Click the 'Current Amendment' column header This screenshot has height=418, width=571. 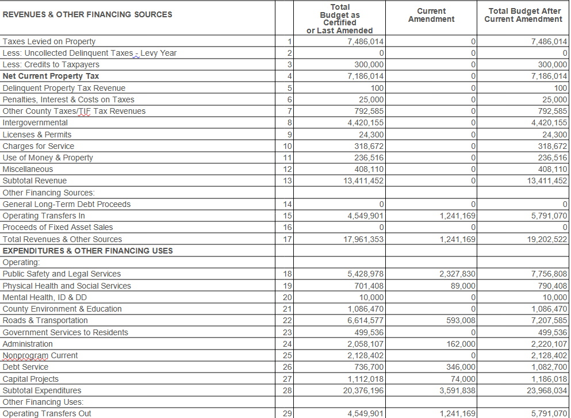point(431,15)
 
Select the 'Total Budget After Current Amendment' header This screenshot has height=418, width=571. point(523,15)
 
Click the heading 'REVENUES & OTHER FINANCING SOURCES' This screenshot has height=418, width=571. point(87,14)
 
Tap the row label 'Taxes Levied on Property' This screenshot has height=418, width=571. point(49,41)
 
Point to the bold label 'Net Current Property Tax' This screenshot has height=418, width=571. point(51,76)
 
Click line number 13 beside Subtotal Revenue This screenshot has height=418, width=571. point(288,181)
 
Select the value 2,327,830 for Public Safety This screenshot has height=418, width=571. point(457,274)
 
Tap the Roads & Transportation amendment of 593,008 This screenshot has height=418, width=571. point(461,320)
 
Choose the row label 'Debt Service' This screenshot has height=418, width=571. point(26,367)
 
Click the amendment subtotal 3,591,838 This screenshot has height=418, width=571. point(457,390)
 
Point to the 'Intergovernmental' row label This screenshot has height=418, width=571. point(35,122)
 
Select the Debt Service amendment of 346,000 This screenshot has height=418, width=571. point(461,367)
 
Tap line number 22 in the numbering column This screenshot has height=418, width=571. point(288,320)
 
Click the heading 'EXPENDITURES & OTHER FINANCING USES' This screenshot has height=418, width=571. point(88,251)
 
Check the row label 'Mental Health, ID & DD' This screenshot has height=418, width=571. point(45,297)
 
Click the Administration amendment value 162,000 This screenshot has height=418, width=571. point(461,344)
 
